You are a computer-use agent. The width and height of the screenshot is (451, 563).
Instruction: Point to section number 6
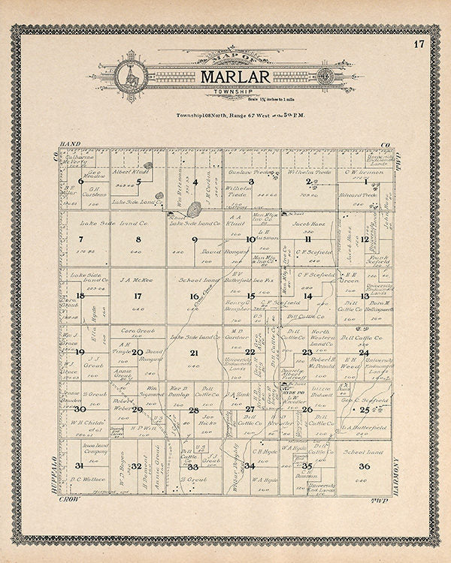80,181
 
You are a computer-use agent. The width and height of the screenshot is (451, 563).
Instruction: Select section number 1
366,181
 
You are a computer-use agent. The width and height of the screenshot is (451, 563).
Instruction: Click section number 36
365,467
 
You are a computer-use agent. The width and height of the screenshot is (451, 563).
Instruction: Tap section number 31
79,466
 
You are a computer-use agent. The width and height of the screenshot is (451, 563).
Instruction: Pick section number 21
194,352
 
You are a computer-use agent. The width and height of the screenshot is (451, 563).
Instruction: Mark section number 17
138,296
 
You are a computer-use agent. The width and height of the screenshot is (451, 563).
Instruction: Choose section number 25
365,410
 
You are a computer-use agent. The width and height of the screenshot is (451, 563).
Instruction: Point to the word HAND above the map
69,143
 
